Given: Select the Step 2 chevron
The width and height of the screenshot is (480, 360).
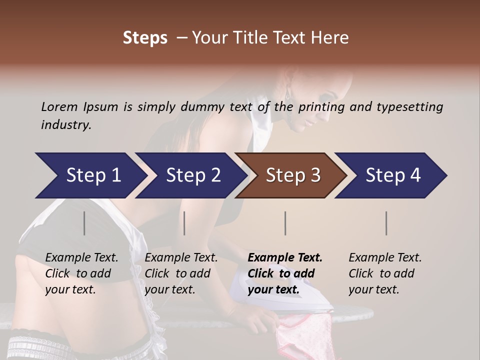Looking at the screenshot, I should pos(192,175).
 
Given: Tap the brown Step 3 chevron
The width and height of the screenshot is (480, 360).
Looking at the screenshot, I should pos(292,175).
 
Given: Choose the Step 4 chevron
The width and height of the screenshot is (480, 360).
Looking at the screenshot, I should pos(392,175).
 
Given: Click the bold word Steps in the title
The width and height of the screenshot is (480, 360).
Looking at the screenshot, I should pos(145,38).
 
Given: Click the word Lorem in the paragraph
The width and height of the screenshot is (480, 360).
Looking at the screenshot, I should pos(59,106).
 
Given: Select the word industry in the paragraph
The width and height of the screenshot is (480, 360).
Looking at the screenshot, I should pos(65,124).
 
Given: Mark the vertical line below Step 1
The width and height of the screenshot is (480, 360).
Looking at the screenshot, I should pos(84,223).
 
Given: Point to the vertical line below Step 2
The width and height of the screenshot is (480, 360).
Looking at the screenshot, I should pos(184,223).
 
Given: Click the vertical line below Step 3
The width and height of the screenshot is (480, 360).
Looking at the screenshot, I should pos(285,223).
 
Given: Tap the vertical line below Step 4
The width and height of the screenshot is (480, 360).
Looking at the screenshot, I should pos(386,223).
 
